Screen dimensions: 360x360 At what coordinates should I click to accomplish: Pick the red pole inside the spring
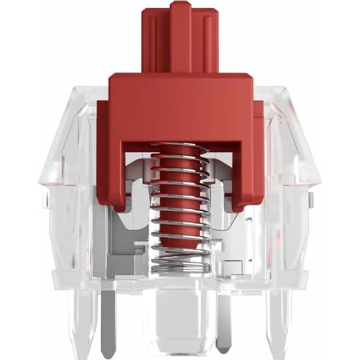point(180,210)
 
